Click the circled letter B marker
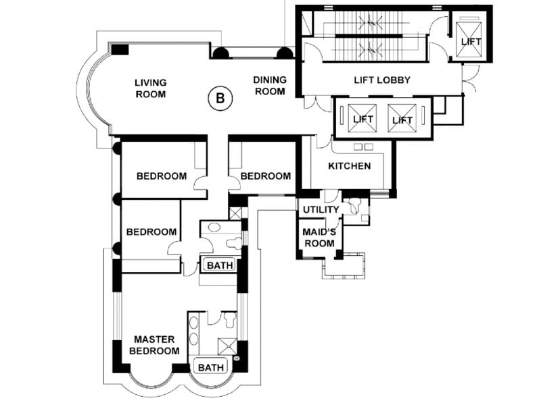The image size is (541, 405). (220, 99)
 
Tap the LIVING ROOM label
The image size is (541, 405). (150, 88)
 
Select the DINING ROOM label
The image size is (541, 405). (270, 85)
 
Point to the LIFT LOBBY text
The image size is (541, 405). (382, 80)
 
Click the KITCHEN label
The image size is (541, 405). (349, 166)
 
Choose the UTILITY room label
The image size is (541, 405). (321, 210)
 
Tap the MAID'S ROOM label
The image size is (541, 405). (319, 238)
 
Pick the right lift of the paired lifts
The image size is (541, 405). (402, 119)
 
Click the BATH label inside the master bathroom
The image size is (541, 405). (211, 368)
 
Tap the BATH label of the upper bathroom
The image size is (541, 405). (220, 265)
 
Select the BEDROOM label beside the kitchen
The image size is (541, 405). (266, 176)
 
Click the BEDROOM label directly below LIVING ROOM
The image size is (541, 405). (162, 176)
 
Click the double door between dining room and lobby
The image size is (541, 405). (312, 104)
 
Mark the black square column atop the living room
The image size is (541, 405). (120, 49)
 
